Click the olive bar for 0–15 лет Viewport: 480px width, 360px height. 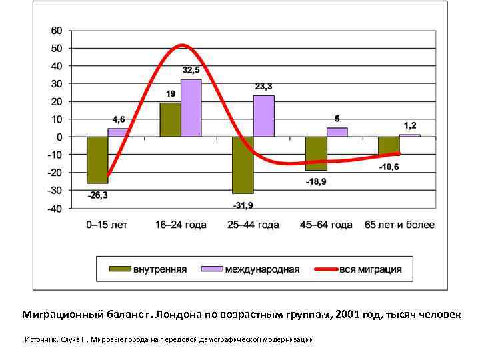coord(97,160)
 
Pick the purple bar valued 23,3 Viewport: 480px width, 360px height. coord(263,116)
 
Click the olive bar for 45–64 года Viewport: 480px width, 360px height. coord(316,153)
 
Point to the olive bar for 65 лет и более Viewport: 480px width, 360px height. coord(389,146)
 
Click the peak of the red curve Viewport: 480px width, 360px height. coord(182,45)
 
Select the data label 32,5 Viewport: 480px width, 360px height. coord(191,70)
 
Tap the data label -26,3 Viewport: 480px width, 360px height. coord(97,195)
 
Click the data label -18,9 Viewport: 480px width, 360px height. coord(316,182)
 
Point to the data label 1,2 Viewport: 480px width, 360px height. coord(410,125)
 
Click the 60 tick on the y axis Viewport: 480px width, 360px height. coord(57,31)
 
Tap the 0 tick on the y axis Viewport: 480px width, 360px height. coord(59,137)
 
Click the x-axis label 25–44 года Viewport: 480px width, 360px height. coord(253,225)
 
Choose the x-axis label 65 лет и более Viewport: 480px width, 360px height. coord(399,225)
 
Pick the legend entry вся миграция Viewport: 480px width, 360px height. coord(371,269)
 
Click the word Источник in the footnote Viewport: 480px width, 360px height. coord(41,339)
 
